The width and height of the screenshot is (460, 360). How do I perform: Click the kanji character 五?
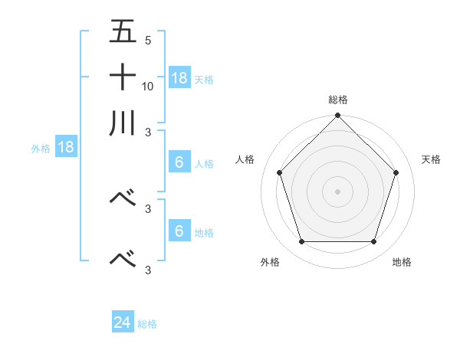pos(123,32)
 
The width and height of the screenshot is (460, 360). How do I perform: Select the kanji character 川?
pos(123,123)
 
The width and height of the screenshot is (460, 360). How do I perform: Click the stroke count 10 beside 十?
pos(148,87)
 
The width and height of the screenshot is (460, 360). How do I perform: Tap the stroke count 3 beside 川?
pos(148,133)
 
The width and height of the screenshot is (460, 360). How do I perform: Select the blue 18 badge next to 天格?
pos(179,77)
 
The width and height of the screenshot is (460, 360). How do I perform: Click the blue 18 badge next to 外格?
pos(66,147)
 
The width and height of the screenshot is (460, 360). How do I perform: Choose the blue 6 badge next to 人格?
pos(179,162)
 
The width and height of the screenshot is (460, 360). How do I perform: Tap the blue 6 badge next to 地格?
pos(179,231)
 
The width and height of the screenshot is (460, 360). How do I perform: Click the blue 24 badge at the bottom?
pos(123,322)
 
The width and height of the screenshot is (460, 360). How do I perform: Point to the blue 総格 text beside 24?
pos(147,324)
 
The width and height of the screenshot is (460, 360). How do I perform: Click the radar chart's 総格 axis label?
pos(338,100)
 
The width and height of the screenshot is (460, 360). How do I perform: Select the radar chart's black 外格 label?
pos(270,262)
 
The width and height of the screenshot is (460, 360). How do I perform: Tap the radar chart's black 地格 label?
pos(402,262)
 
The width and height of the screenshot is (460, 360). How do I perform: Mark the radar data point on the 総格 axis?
pos(338,116)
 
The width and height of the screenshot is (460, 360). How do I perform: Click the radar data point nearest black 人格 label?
pos(280,172)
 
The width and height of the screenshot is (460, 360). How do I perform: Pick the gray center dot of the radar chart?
pos(338,191)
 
